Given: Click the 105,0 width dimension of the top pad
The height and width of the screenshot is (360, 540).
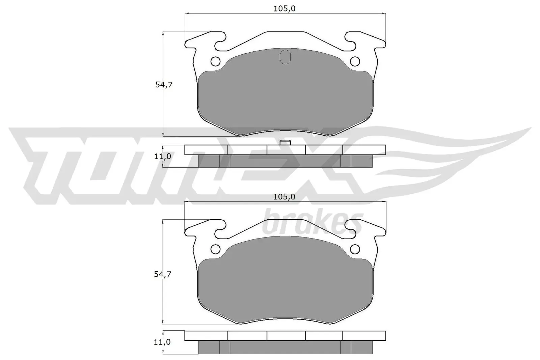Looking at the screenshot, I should coord(284,9).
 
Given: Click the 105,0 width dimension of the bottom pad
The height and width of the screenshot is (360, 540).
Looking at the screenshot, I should coord(284,197).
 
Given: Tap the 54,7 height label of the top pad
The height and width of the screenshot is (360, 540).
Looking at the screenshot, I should coord(164,85).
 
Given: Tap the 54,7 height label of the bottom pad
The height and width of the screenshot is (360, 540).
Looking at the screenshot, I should coord(163,274).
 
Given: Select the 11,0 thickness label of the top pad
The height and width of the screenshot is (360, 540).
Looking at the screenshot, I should coord(162,156).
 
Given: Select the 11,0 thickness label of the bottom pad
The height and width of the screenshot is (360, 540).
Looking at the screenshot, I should coord(162,342).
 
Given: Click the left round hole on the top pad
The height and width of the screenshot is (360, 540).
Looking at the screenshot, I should coord(215,61).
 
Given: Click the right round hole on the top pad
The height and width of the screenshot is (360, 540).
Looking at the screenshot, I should coord(355,61).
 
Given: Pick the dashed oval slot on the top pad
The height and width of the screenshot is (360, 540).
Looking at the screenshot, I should coord(285,57).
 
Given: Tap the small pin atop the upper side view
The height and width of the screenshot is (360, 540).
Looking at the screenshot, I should coord(286,142).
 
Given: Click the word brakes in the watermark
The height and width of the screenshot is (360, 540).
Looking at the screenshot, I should coord(313,223).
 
